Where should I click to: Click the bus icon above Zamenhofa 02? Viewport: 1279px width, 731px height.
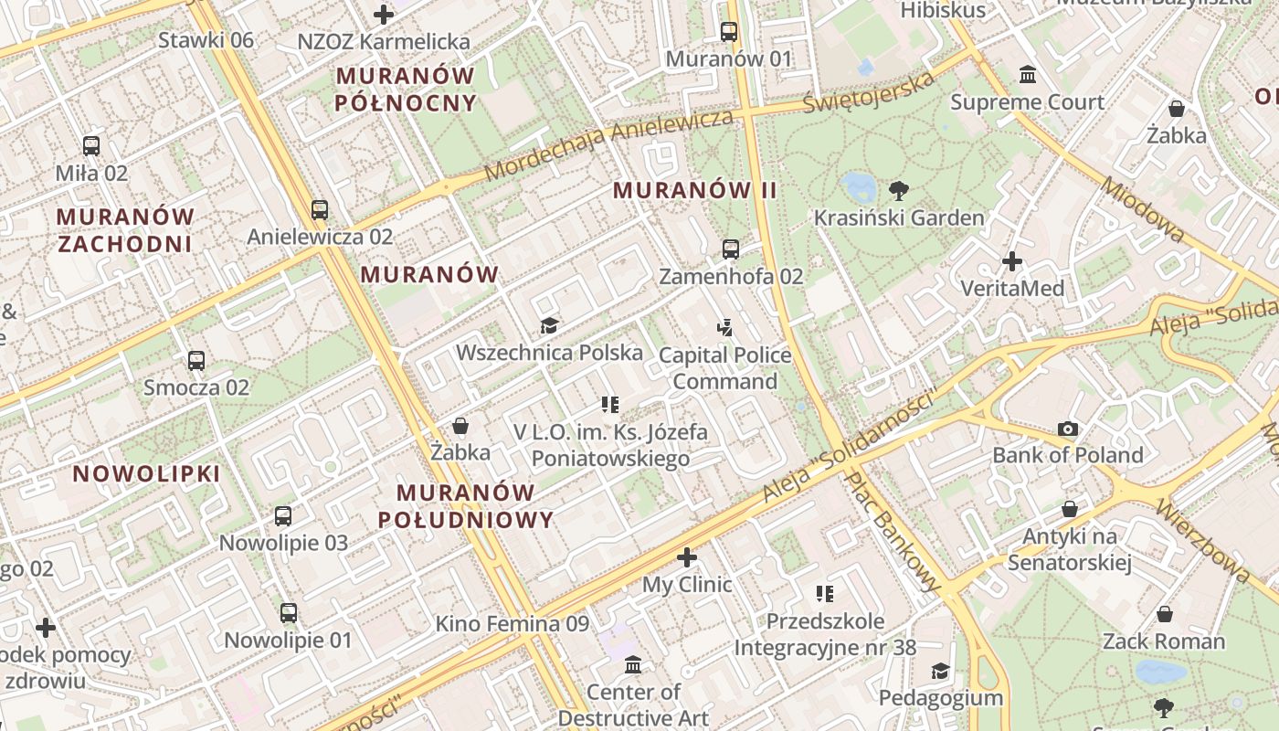730,249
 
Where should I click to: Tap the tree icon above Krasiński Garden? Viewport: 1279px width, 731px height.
899,191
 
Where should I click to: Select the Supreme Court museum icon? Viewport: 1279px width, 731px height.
1028,74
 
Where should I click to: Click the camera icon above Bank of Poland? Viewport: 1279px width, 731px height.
1067,429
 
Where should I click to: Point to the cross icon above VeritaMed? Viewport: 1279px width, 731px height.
1011,262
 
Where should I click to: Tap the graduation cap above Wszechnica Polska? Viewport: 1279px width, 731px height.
549,325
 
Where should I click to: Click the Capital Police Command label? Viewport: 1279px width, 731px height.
724,367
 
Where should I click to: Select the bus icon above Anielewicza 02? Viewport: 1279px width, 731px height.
319,209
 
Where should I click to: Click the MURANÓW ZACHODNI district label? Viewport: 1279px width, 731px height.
125,230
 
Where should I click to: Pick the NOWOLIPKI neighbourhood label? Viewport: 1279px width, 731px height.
146,473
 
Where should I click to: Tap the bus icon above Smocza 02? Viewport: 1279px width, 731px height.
196,360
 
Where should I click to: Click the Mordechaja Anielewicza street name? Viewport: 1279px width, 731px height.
608,145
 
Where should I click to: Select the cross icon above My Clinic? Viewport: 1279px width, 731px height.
687,556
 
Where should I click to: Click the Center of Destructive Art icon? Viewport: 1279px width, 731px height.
632,665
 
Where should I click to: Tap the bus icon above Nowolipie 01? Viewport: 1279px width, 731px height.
288,612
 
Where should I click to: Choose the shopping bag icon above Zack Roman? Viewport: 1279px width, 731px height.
1164,614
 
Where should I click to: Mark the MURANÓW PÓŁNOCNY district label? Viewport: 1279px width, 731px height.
406,89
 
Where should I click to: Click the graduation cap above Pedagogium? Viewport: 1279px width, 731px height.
940,672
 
